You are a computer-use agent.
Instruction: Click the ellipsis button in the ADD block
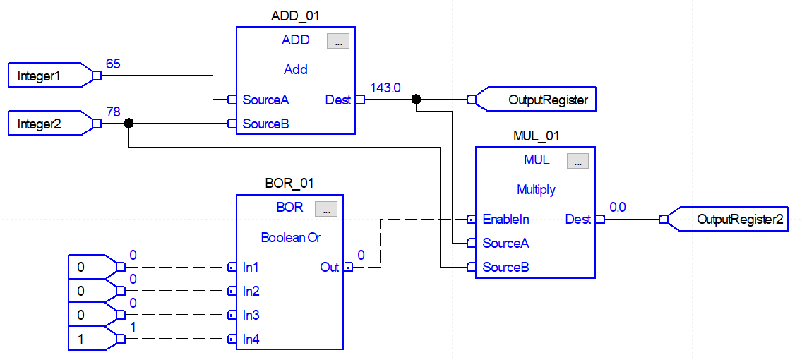[x=337, y=42]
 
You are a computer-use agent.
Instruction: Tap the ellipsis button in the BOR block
[x=325, y=209]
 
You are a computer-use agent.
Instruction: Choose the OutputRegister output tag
[x=541, y=100]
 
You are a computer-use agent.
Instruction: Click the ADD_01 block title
[x=296, y=16]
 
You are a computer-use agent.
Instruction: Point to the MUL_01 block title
[x=535, y=136]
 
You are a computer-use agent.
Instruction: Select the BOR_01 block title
[x=289, y=184]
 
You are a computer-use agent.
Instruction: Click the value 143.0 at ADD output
[x=385, y=88]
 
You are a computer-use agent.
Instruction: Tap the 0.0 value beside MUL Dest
[x=618, y=208]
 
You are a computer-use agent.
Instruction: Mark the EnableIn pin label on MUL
[x=505, y=220]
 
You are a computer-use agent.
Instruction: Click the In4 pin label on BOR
[x=251, y=340]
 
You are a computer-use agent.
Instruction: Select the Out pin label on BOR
[x=330, y=268]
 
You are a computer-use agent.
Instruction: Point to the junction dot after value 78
[x=128, y=124]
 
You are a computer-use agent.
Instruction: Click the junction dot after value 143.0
[x=416, y=100]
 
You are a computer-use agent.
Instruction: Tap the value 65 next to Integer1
[x=113, y=64]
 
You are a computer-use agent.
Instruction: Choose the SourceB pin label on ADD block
[x=265, y=124]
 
